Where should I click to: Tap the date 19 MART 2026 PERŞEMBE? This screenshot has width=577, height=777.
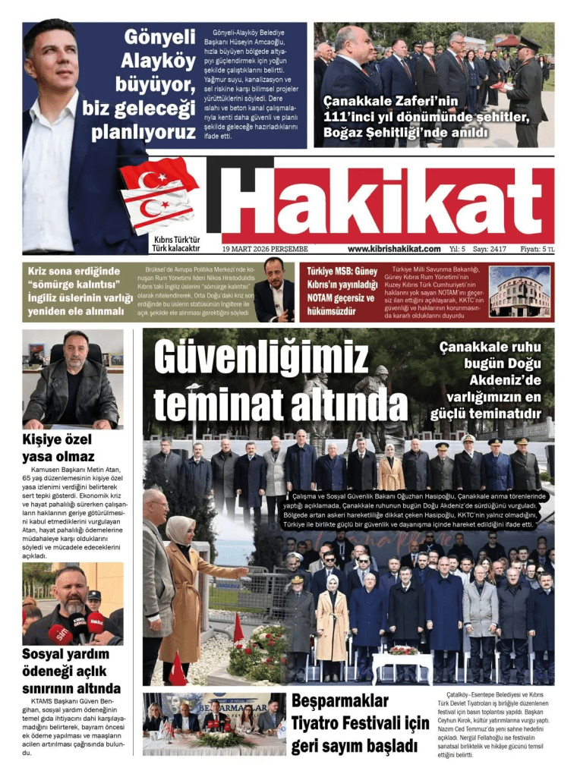265,249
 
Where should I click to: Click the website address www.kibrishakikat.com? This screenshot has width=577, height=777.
394,249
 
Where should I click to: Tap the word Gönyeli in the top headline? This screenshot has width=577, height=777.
159,38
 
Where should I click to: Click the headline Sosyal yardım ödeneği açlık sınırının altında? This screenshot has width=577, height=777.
71,672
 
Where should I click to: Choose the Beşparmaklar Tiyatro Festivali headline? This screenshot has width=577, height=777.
360,722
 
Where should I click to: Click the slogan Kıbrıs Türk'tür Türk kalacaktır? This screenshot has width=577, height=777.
175,244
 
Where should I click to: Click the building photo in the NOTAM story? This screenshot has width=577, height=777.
520,291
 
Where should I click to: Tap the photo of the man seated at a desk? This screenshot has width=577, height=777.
72,379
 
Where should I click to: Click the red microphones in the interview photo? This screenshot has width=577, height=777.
76,628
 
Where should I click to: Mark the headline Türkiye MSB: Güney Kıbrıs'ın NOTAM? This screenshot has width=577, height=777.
342,291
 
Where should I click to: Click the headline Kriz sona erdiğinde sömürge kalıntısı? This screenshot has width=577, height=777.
80,291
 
